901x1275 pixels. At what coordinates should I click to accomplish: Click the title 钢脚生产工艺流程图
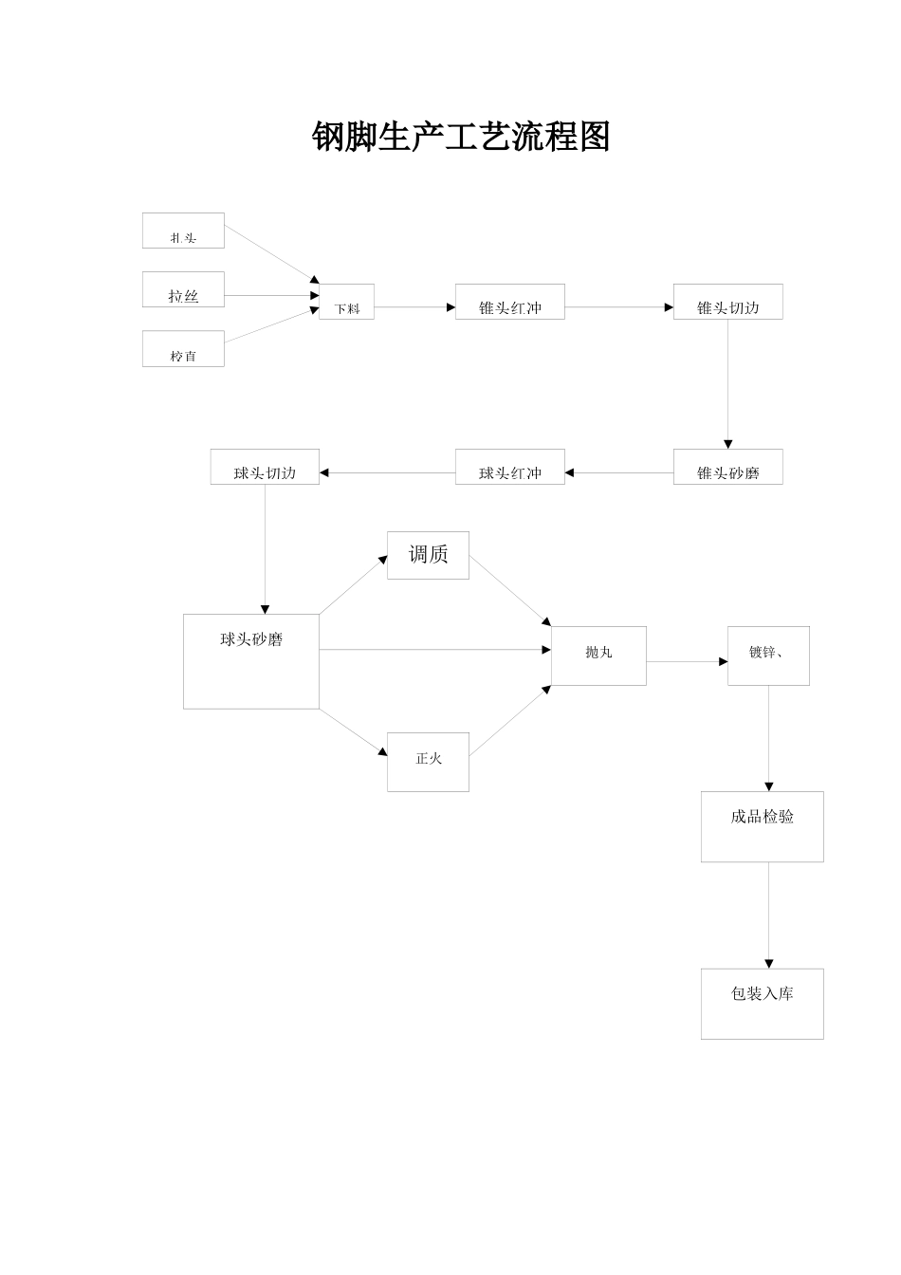tap(461, 138)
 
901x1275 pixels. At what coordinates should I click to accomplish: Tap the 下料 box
tap(346, 303)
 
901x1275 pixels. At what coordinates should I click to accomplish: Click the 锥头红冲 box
tap(509, 303)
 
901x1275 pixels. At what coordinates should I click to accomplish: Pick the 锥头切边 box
tap(727, 303)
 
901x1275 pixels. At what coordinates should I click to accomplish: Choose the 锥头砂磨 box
tap(727, 468)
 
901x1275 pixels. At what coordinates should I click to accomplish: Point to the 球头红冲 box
tap(509, 468)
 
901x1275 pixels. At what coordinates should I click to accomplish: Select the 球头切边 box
tap(265, 468)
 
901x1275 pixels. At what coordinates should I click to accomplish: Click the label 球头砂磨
tap(251, 640)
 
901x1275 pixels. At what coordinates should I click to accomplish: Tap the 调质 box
tap(428, 556)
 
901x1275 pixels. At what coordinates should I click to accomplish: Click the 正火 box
tap(428, 762)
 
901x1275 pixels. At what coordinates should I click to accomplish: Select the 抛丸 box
tap(598, 656)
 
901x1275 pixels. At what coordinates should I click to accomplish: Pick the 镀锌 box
tap(768, 656)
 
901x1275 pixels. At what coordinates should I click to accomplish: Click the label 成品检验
tap(762, 817)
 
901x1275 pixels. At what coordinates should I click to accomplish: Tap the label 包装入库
tap(762, 994)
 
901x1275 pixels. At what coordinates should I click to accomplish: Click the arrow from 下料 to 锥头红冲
tap(414, 307)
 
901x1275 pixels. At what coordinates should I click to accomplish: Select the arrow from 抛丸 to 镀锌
tap(687, 662)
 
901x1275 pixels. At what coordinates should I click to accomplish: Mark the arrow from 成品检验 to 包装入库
tap(769, 915)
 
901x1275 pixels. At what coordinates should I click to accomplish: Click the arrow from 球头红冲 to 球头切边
tap(387, 472)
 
